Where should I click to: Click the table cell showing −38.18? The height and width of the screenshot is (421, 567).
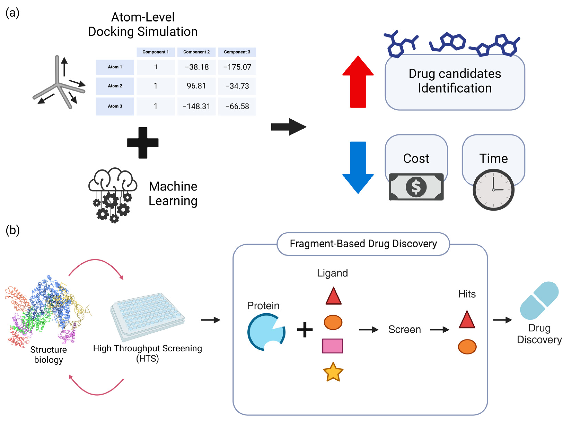(196, 67)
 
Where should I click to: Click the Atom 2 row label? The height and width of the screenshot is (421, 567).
(115, 86)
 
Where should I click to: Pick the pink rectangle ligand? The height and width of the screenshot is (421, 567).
(332, 346)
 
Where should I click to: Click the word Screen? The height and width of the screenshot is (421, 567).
(404, 329)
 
